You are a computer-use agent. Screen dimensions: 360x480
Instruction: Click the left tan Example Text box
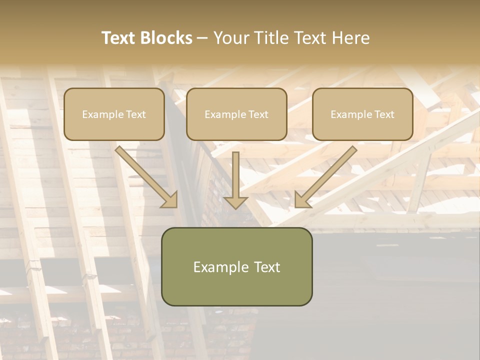pyautogui.click(x=114, y=114)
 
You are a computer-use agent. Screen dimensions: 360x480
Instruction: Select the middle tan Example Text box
pyautogui.click(x=236, y=114)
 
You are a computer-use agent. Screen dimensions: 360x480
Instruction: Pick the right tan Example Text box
pyautogui.click(x=362, y=114)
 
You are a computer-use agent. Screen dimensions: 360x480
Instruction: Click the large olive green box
pyautogui.click(x=236, y=266)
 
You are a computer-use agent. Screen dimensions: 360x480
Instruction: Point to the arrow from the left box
pyautogui.click(x=145, y=175)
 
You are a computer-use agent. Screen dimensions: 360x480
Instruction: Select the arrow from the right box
pyautogui.click(x=327, y=175)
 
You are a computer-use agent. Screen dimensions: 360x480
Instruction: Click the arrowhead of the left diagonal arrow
pyautogui.click(x=170, y=199)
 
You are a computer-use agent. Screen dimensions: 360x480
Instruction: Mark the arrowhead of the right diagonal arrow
pyautogui.click(x=302, y=199)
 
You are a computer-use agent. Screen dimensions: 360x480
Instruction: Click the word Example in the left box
pyautogui.click(x=99, y=114)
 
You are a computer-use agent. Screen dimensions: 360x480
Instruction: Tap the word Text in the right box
pyautogui.click(x=384, y=114)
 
